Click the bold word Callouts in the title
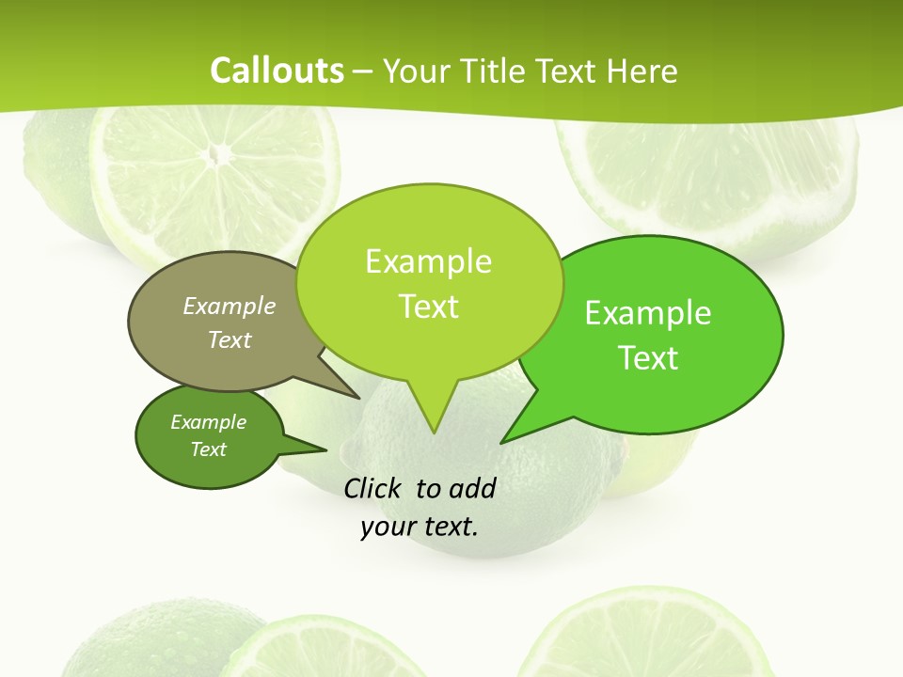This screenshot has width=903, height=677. coord(277,71)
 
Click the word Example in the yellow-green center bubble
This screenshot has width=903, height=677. coord(428,261)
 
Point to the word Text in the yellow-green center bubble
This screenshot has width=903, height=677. coord(428,307)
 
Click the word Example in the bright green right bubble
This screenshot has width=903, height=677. coord(648,313)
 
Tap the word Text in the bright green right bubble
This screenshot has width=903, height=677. coord(648,358)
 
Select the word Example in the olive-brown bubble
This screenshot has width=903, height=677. coord(230,306)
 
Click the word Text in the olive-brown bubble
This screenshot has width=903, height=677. coord(230,339)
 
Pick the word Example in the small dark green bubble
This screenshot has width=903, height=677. coord(208,422)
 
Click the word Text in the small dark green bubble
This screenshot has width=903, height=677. coord(208,449)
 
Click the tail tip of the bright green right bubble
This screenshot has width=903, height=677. coord(501,442)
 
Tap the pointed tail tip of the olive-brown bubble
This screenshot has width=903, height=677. coord(359,398)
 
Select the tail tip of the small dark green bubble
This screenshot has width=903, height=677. coord(326,449)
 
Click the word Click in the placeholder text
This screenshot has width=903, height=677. coord(372,488)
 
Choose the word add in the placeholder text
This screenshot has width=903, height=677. coord(472,488)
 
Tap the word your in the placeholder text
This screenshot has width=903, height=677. coord(388,527)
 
